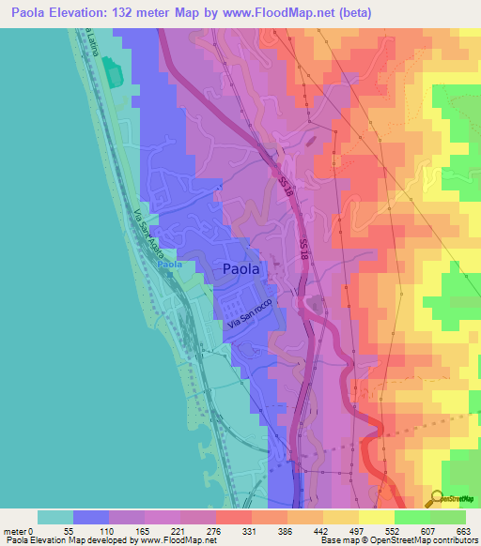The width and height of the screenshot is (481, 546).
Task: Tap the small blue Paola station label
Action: click(168, 265)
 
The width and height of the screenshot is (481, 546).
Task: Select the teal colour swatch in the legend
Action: click(55, 517)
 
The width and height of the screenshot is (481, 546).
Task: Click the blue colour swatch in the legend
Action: click(91, 517)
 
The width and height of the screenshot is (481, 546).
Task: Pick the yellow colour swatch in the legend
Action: click(377, 517)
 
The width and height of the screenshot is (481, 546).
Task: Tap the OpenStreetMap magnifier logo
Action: click(436, 498)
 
